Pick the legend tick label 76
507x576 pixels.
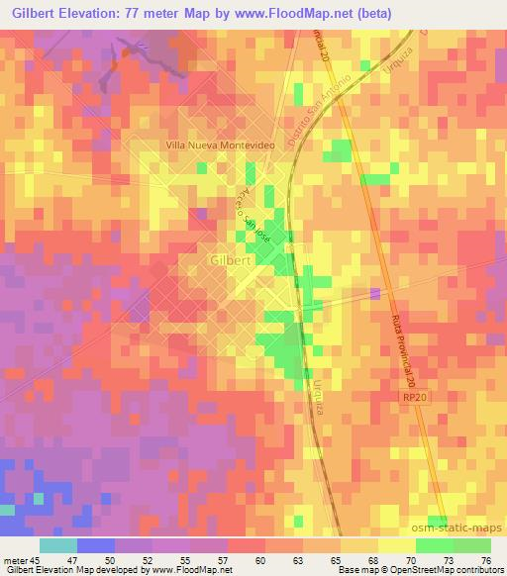(x=485, y=558)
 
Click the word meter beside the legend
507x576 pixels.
(x=15, y=558)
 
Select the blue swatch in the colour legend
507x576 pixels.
(x=95, y=545)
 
